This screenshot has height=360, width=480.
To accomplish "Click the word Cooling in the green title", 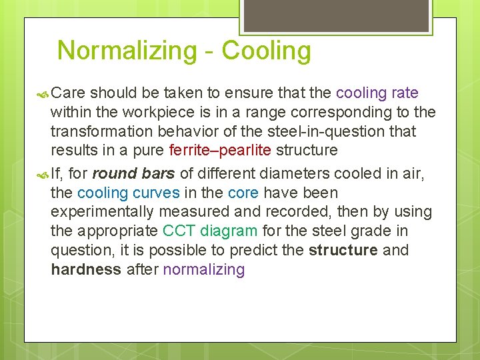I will pyautogui.click(x=266, y=51).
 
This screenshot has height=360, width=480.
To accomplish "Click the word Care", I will pyautogui.click(x=68, y=93).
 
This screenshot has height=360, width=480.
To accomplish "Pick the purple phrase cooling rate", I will pyautogui.click(x=377, y=93).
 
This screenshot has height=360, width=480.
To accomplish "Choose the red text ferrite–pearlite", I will pyautogui.click(x=220, y=150).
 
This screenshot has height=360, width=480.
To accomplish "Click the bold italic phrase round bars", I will pyautogui.click(x=133, y=174).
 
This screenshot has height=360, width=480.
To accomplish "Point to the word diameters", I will pyautogui.click(x=297, y=174).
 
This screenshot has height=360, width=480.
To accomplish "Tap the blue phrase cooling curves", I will pyautogui.click(x=128, y=193).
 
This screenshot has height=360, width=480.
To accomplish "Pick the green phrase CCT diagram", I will pyautogui.click(x=210, y=231).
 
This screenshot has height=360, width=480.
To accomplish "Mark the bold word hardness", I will pyautogui.click(x=86, y=270).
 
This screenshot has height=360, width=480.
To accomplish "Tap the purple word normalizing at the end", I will pyautogui.click(x=204, y=270).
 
